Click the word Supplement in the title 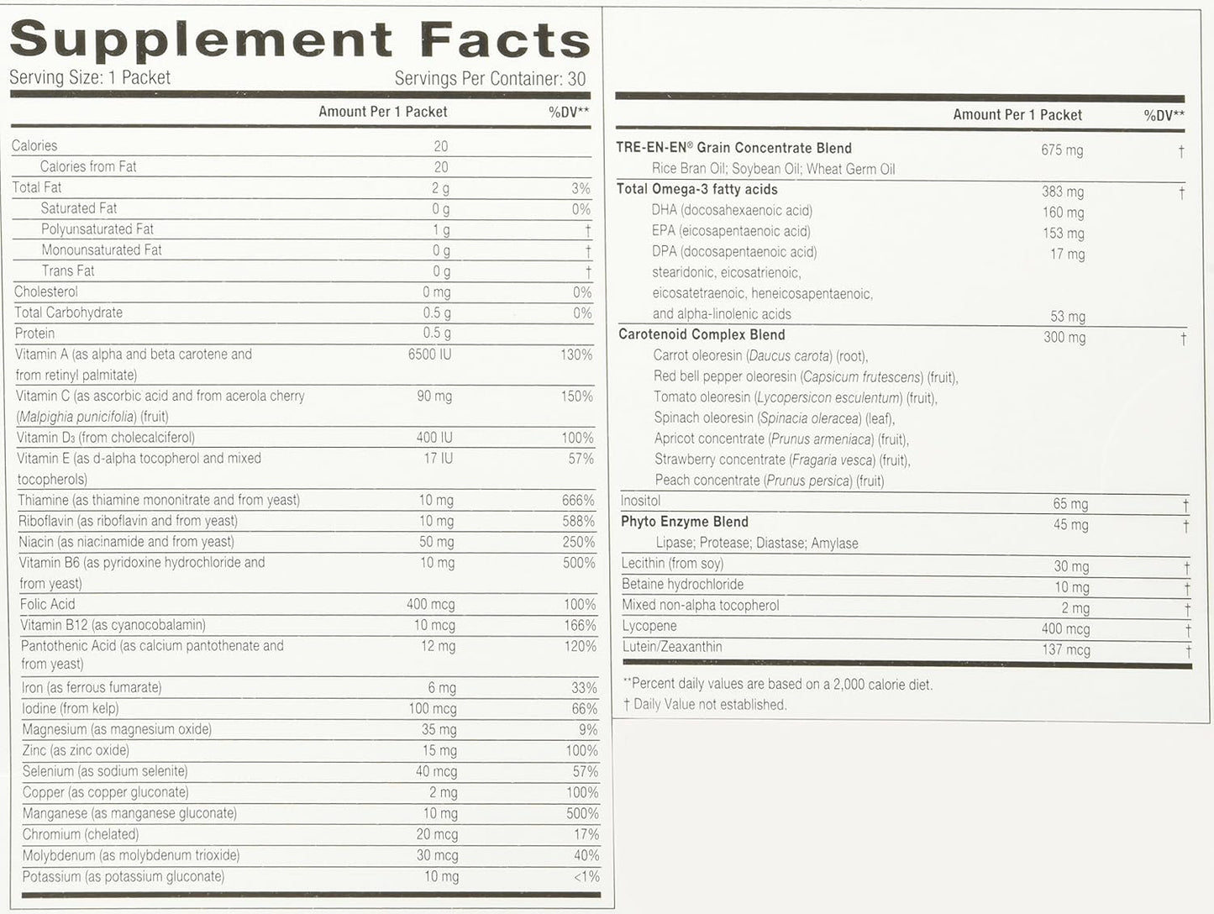click(201, 40)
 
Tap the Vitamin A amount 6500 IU click(429, 355)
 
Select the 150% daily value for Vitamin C click(576, 397)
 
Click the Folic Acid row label click(48, 604)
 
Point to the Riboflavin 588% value click(578, 521)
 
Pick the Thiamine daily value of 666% click(578, 500)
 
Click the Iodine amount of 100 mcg click(433, 708)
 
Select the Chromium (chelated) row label click(81, 834)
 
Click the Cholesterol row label click(46, 292)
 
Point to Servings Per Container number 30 click(576, 79)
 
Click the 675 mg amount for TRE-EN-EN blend click(1062, 150)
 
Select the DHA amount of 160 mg click(1063, 213)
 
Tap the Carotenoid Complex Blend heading click(702, 334)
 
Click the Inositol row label click(640, 501)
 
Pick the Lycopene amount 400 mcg click(1065, 629)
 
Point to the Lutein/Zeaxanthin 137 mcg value click(1065, 650)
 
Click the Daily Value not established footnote click(705, 705)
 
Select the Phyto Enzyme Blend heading click(684, 522)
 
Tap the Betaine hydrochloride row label click(682, 585)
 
